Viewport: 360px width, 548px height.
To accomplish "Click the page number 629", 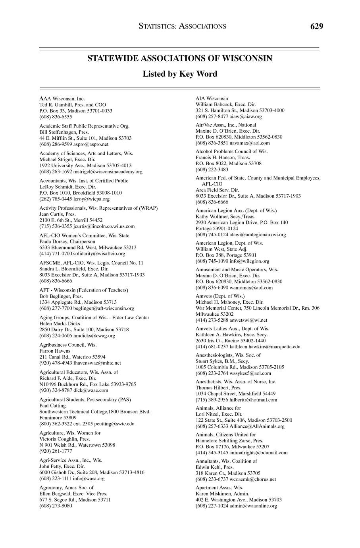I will (x=317, y=27).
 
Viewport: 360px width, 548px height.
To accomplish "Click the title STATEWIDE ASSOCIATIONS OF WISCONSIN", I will (x=180, y=58).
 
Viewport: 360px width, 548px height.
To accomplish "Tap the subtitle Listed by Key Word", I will (x=180, y=74).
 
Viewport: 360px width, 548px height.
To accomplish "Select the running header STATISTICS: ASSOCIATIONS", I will (x=183, y=27).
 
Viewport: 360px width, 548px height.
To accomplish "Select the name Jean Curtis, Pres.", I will (x=57, y=214).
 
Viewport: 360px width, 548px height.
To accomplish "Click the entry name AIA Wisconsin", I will (x=212, y=98).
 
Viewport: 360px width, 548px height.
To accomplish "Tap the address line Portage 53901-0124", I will (x=217, y=228).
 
